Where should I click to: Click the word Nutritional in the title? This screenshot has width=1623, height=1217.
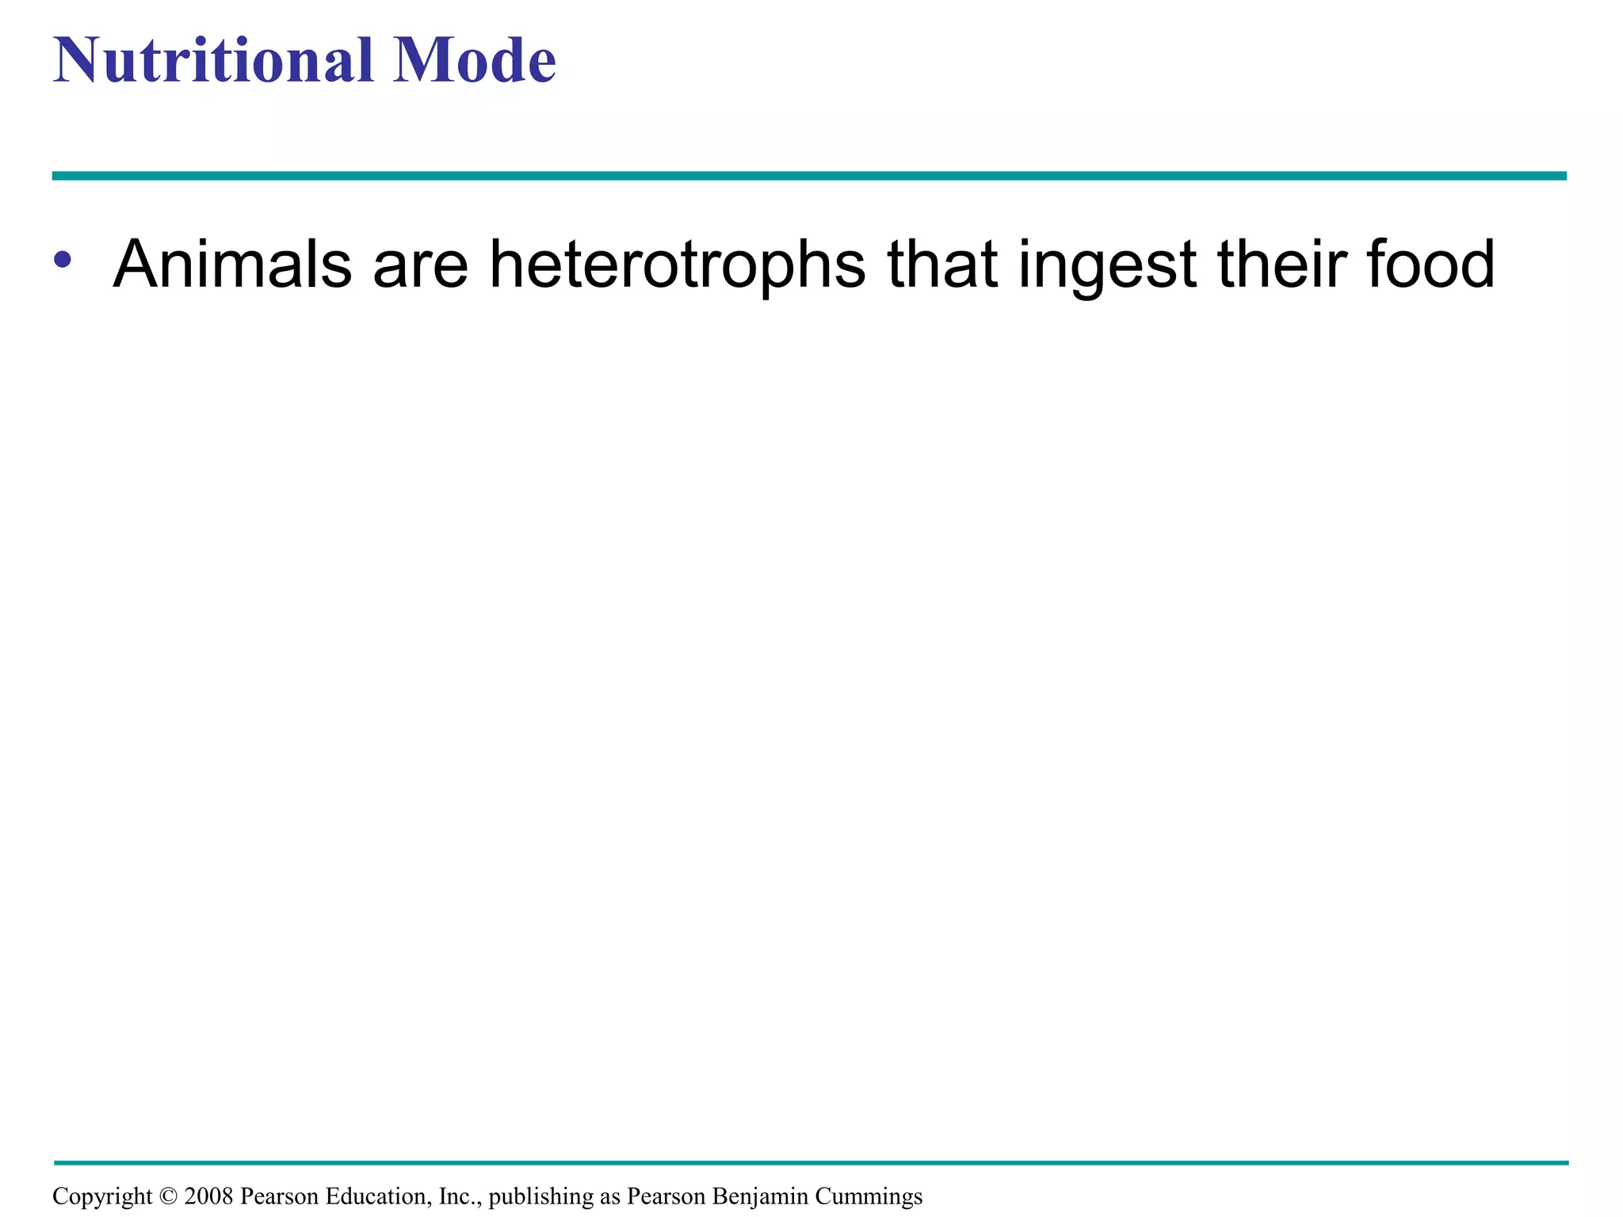point(213,60)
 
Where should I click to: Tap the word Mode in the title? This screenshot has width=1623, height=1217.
point(475,60)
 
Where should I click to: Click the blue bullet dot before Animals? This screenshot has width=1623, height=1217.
point(63,259)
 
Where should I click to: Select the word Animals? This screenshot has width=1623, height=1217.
point(232,264)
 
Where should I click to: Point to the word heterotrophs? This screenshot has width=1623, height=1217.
point(678,264)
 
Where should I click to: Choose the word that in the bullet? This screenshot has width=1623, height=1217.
point(942,264)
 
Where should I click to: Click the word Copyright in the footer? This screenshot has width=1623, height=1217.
point(102,1196)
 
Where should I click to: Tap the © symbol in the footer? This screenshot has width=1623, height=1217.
point(168,1196)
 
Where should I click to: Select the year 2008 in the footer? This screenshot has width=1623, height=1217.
point(208,1196)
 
